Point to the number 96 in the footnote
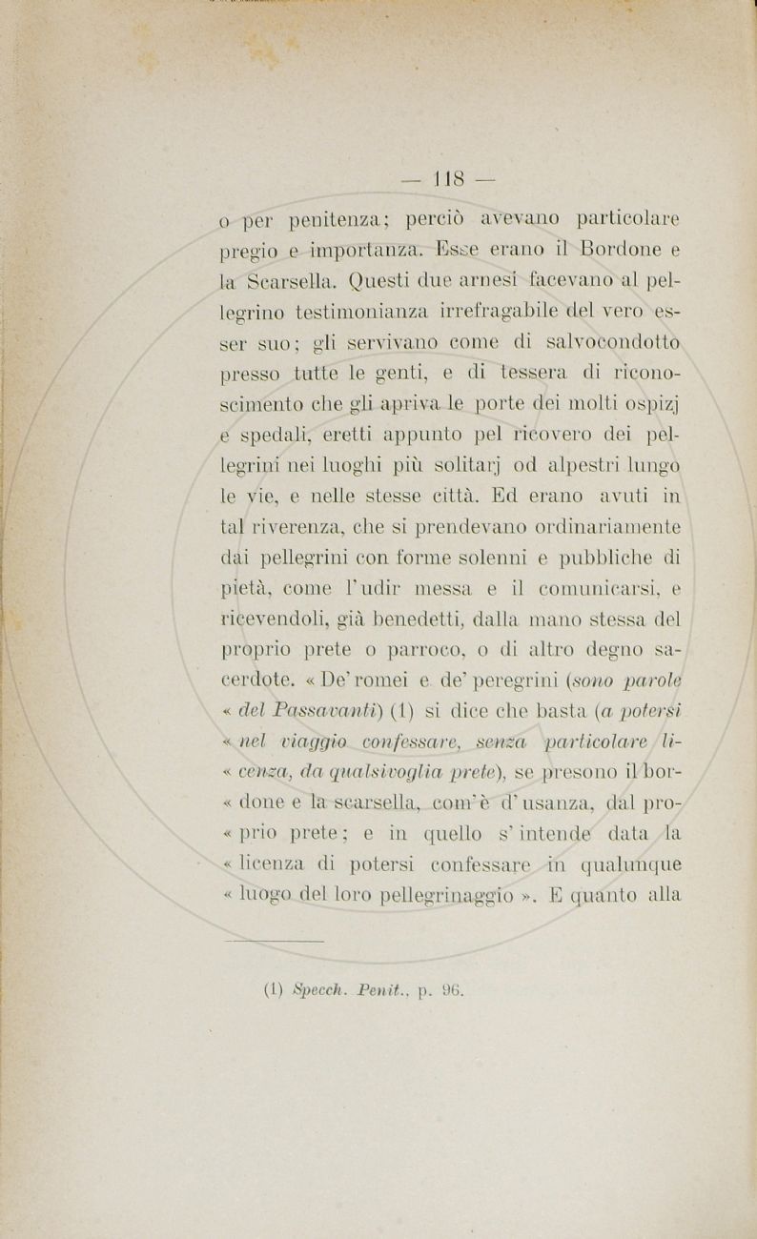pyautogui.click(x=450, y=989)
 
